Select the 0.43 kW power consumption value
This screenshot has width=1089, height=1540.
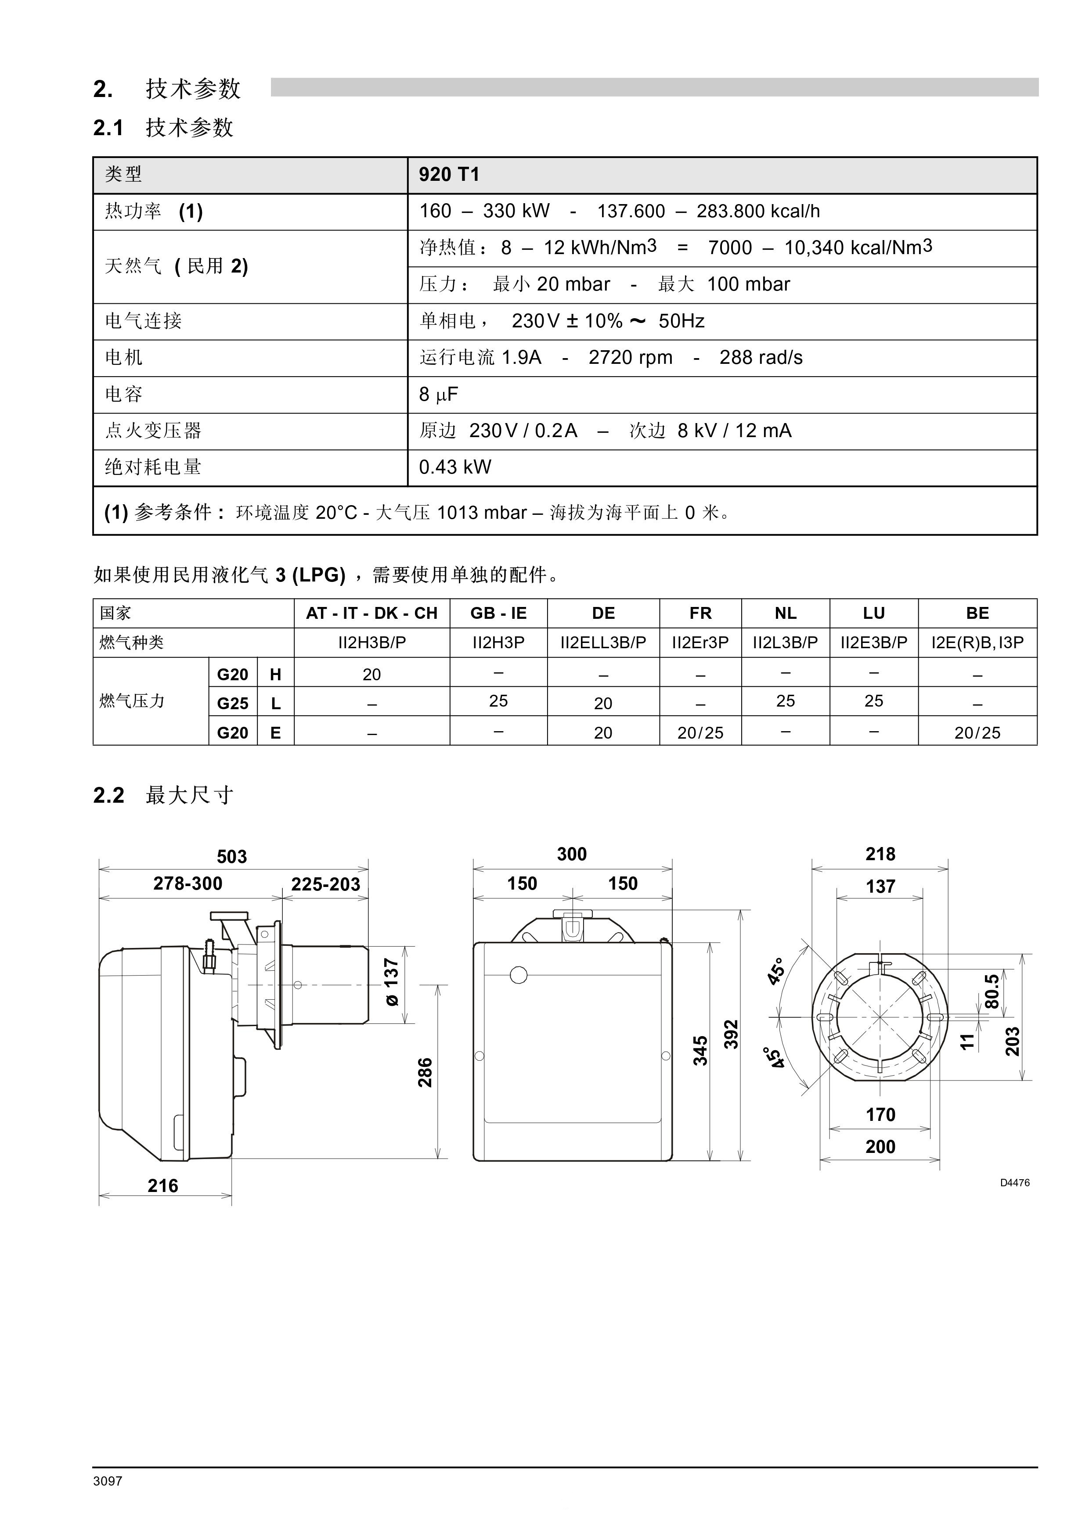coord(455,467)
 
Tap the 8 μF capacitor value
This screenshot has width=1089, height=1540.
coord(438,395)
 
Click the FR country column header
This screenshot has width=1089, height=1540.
coord(700,613)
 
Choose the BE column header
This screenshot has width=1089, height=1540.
coord(977,613)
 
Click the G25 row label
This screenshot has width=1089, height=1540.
coord(232,704)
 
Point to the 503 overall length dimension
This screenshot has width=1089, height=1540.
coord(231,857)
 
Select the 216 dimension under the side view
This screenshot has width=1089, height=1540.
coord(163,1186)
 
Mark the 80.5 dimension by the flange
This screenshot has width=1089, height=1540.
coord(992,991)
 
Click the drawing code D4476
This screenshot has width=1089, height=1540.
coord(1014,1182)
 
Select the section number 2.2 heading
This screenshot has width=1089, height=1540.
coord(109,796)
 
